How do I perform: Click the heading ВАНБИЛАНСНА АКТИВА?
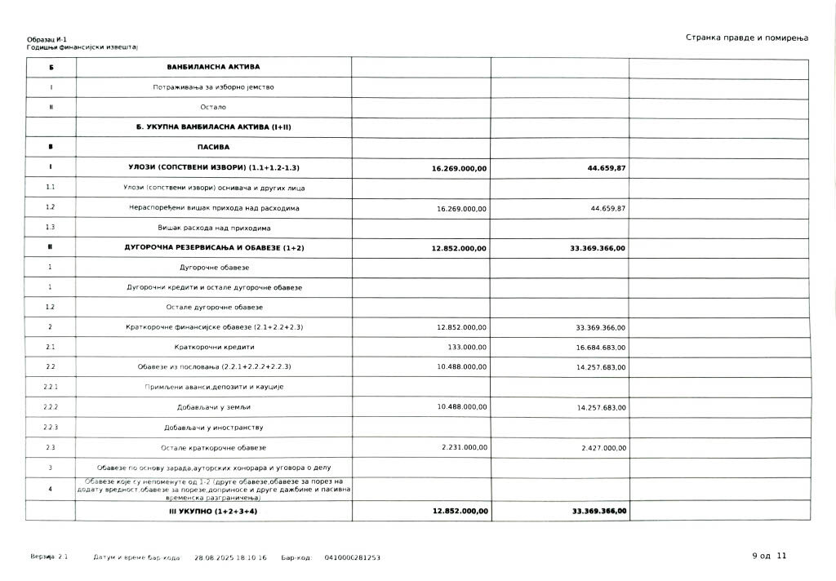coord(213,67)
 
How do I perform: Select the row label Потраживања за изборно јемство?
coord(213,86)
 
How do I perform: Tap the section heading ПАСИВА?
coord(213,147)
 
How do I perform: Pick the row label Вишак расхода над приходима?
coord(213,228)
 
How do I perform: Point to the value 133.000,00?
coord(469,346)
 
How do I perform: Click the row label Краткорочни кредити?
coord(213,346)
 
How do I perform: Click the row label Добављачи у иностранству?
coord(213,427)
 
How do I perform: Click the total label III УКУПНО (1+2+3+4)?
coord(213,511)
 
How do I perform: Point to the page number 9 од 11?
coord(769,556)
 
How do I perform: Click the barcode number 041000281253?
coord(352,557)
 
